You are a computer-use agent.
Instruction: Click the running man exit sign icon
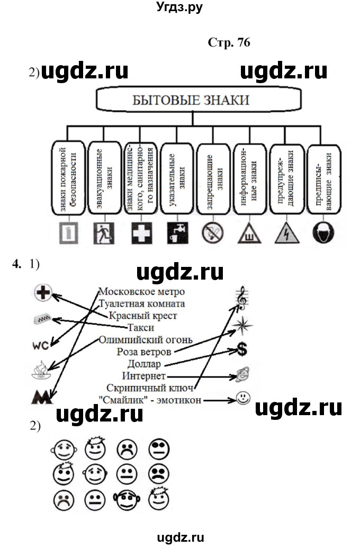click(102, 232)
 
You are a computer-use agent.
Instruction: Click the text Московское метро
click(142, 292)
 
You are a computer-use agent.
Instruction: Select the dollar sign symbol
click(242, 349)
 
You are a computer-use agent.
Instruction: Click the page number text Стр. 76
click(228, 43)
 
